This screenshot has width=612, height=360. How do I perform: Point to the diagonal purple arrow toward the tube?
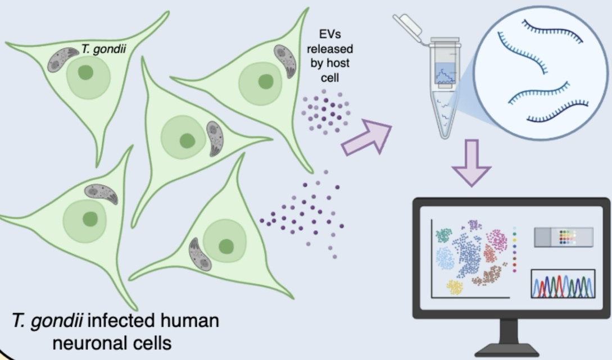tap(366, 137)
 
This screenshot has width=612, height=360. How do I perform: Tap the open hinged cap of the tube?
tap(407, 25)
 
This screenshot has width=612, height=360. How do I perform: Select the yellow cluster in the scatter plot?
tap(454, 287)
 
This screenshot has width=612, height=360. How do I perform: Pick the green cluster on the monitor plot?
tap(445, 235)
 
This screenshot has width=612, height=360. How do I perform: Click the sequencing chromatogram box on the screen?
tap(563, 284)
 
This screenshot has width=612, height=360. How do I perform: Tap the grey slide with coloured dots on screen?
tap(563, 237)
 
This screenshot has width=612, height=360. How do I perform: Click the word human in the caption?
tap(189, 322)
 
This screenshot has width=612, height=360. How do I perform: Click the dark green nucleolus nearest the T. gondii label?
tap(85, 72)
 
